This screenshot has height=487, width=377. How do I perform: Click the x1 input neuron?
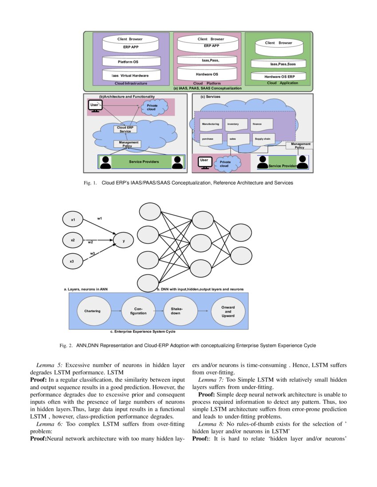tap(73, 220)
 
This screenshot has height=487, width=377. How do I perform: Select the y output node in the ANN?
tap(124, 241)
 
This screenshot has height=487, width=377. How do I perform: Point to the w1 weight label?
tap(100, 218)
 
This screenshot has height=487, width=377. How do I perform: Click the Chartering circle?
tap(92, 311)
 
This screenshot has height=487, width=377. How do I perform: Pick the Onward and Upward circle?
tap(228, 311)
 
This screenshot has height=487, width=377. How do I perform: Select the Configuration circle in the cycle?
tap(138, 311)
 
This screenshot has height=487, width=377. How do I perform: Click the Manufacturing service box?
tap(211, 124)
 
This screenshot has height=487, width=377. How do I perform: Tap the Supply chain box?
tap(263, 139)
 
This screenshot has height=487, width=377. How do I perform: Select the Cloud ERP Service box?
tap(126, 129)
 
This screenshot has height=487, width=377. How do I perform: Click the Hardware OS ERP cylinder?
tap(279, 76)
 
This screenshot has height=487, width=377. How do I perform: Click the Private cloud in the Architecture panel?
tap(152, 107)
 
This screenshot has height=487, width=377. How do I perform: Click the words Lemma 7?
tap(211, 380)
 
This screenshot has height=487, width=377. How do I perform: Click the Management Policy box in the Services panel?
tap(300, 145)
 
